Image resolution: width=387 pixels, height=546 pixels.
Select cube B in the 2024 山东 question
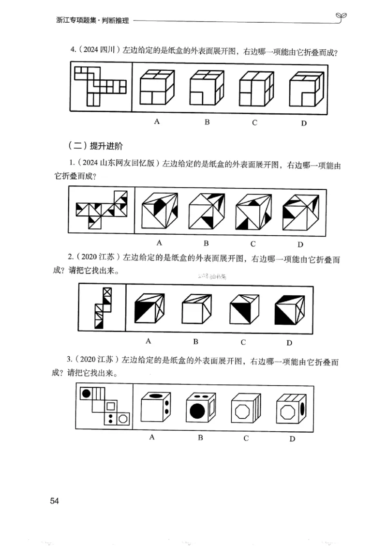point(206,211)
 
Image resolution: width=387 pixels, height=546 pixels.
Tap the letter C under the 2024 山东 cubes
point(253,243)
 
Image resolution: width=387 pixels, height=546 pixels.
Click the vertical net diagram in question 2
point(102,308)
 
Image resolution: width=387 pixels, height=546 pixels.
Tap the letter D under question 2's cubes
point(289,343)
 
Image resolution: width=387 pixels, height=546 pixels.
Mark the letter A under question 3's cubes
point(151,438)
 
